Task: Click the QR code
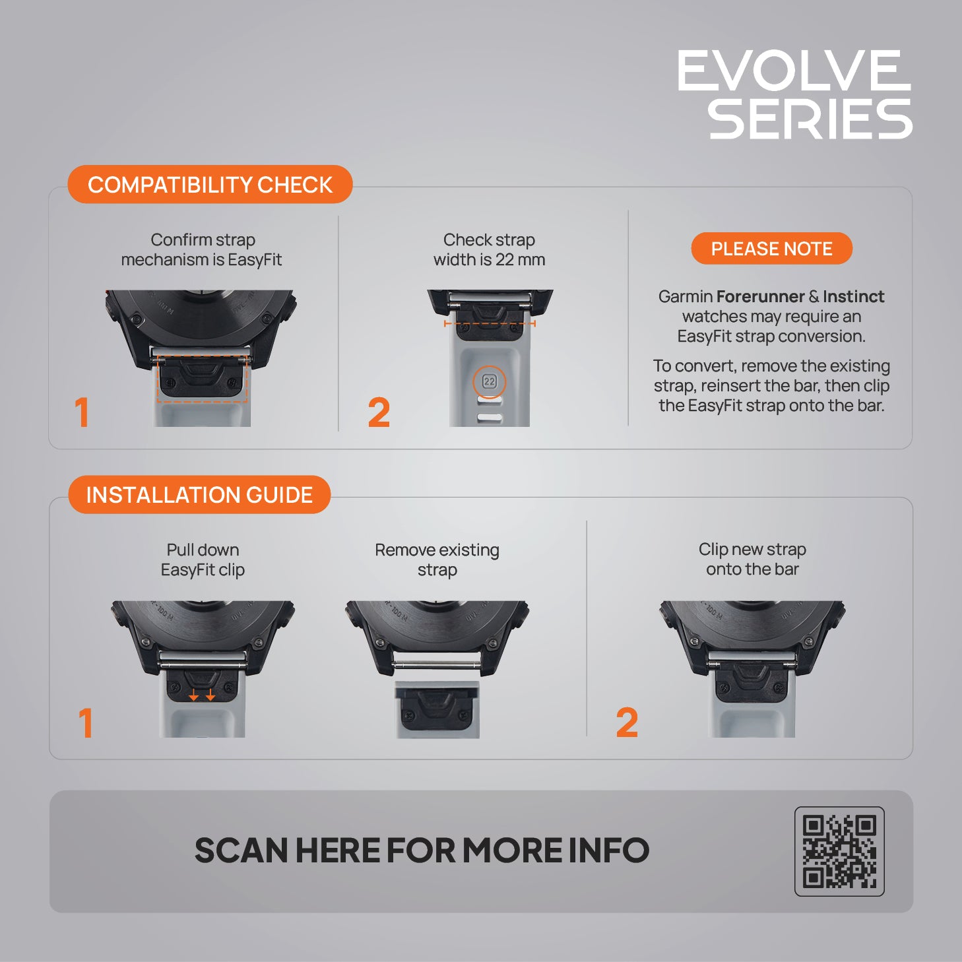coord(839,851)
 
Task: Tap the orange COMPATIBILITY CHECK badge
coord(210,184)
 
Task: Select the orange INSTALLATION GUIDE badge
coord(199,495)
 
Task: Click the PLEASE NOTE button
coord(771,249)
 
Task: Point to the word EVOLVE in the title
coord(794,71)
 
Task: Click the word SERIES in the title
coord(810,119)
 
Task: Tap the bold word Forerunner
coord(760,296)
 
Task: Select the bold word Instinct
coord(854,296)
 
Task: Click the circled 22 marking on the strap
coord(489,382)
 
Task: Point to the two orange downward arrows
coord(202,695)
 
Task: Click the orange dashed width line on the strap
coord(490,324)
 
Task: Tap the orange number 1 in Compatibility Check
coord(82,412)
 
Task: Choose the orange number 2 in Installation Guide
coord(627,722)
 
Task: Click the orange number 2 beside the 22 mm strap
coord(379,412)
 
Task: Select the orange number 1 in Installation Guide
coord(86,722)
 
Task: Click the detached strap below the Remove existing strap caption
coord(437,709)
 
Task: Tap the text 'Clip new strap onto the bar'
coord(752,559)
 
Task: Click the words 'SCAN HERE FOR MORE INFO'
coord(422,850)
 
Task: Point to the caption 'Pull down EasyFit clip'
coord(203,560)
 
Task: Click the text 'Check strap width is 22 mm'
coord(489,249)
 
